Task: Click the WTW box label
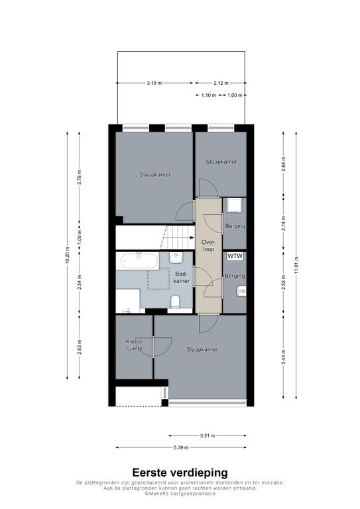click(x=235, y=256)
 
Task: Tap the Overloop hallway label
click(x=208, y=246)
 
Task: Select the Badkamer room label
click(x=181, y=277)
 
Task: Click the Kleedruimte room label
click(x=134, y=345)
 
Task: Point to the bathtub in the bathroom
click(x=140, y=260)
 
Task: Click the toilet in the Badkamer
click(x=175, y=301)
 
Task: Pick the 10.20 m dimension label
click(x=67, y=255)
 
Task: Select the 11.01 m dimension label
click(x=296, y=265)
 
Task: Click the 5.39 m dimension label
click(x=181, y=447)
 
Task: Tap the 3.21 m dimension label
click(x=208, y=435)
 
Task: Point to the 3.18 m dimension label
click(x=154, y=83)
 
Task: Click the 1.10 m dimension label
click(x=208, y=95)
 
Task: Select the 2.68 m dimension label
click(x=283, y=165)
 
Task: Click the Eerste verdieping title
click(x=180, y=473)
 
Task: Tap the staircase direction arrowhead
click(x=192, y=238)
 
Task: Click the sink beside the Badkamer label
click(x=176, y=258)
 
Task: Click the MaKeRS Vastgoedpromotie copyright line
click(x=180, y=493)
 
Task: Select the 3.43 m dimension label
click(x=283, y=357)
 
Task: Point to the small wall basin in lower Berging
click(x=242, y=291)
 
